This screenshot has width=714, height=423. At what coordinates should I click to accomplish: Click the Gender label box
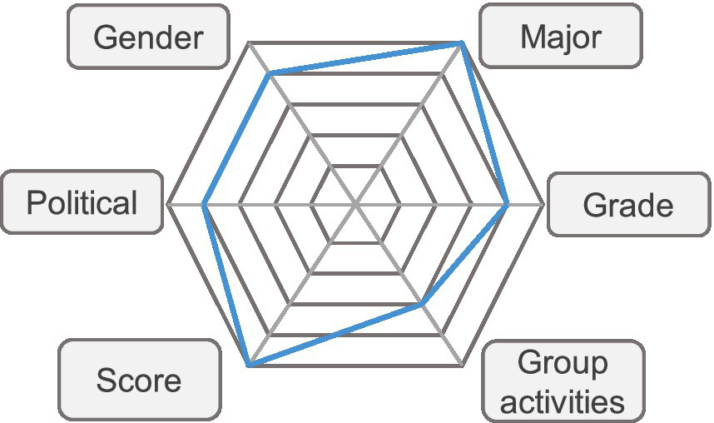pos(147,37)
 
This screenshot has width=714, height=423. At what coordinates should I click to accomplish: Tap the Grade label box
pos(628,205)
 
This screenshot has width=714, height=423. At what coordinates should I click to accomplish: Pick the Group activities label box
pos(563,382)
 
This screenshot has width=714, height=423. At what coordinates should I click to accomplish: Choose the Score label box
pos(139,380)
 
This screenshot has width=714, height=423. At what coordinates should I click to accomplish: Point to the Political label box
pos(82,202)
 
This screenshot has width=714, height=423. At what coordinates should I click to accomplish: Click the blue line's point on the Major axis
pos(462,42)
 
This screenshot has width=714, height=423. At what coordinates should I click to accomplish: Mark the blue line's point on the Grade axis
pos(508,203)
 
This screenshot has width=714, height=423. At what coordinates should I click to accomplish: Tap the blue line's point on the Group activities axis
pos(421,306)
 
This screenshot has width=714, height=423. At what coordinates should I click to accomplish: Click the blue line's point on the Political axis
pos(204,203)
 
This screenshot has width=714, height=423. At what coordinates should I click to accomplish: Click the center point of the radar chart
pos(355,203)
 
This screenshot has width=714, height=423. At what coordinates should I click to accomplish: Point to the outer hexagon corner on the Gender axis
pos(250,42)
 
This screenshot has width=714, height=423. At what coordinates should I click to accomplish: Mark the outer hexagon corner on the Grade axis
pos(543,203)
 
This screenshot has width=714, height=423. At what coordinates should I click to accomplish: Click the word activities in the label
pos(563,401)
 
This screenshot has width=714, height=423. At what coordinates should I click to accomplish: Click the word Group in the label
pos(563,363)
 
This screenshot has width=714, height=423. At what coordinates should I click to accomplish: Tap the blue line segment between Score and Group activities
pos(335,336)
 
